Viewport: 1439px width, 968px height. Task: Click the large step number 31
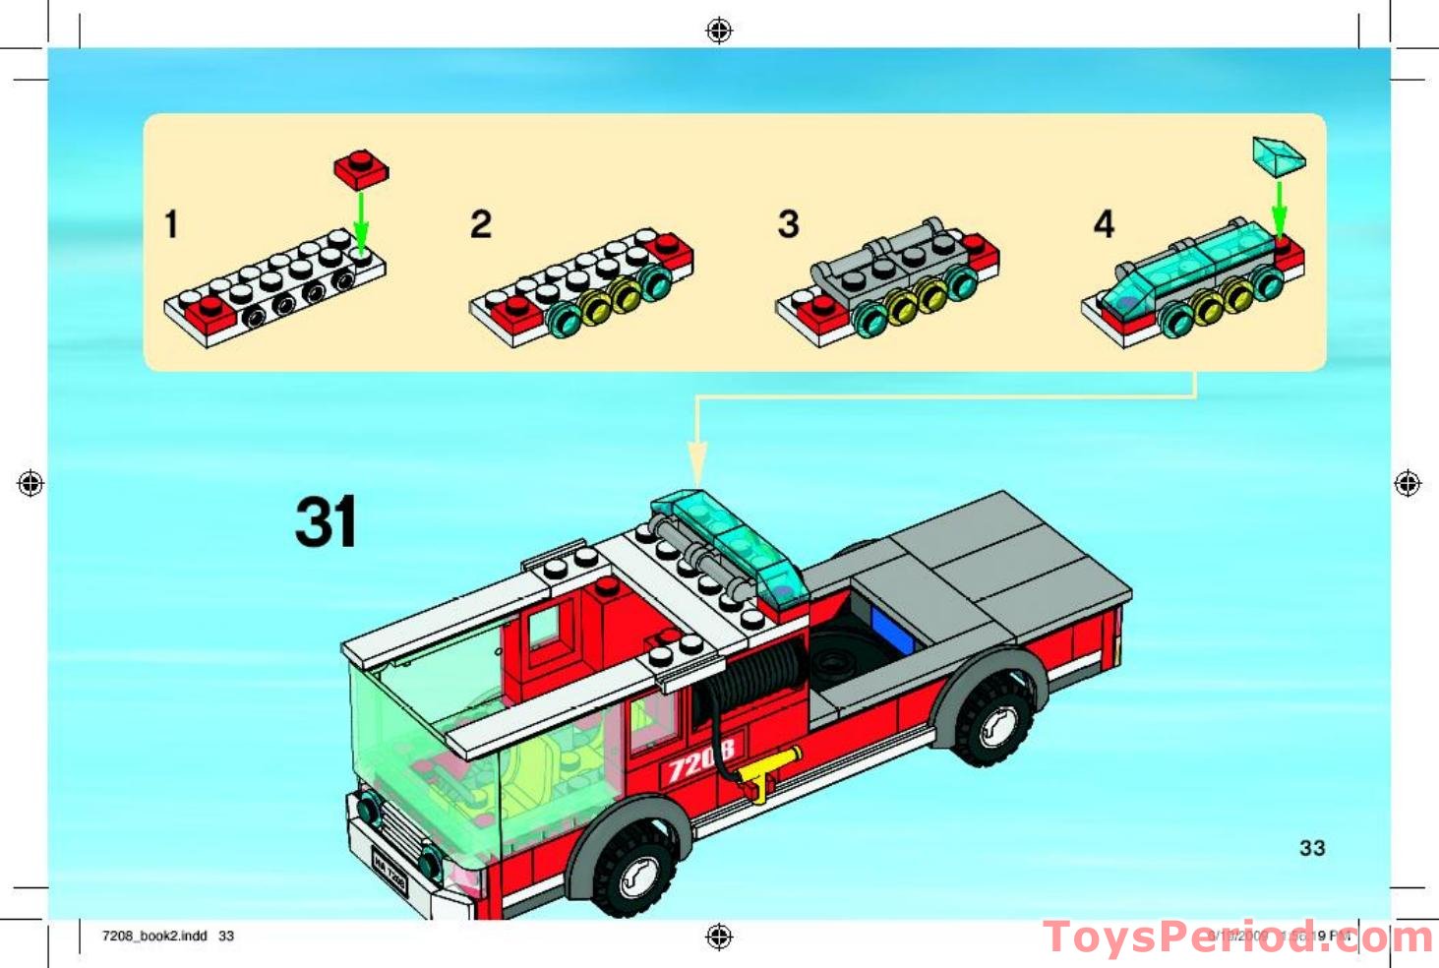(x=326, y=521)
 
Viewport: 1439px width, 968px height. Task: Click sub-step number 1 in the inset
(x=171, y=224)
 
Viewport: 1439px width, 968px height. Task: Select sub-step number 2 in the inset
(x=480, y=224)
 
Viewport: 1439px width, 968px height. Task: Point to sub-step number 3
(x=788, y=224)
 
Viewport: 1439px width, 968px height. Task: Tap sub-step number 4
(x=1104, y=224)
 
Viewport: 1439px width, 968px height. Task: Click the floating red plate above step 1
(x=361, y=168)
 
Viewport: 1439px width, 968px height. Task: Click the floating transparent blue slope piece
(x=1278, y=155)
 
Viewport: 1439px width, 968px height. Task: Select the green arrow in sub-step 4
(x=1279, y=207)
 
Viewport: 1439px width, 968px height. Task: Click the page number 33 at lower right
(x=1312, y=848)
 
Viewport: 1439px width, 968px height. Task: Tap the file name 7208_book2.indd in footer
(x=154, y=936)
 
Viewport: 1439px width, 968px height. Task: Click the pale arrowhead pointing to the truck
(x=696, y=462)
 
